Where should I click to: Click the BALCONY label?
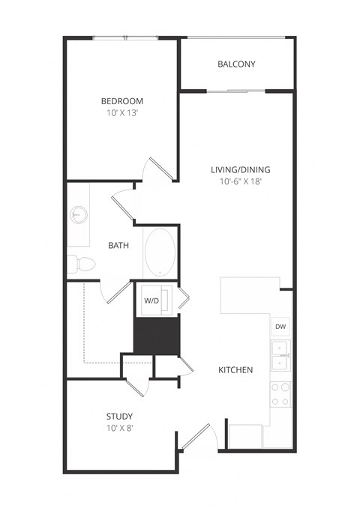pyautogui.click(x=236, y=64)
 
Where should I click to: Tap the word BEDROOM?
pyautogui.click(x=122, y=101)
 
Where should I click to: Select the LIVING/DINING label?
pyautogui.click(x=240, y=169)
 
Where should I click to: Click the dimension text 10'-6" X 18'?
pyautogui.click(x=240, y=181)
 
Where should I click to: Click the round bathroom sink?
pyautogui.click(x=78, y=216)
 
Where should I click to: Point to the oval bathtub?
pyautogui.click(x=158, y=252)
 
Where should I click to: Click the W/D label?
pyautogui.click(x=151, y=300)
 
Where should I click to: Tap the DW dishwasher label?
pyautogui.click(x=280, y=327)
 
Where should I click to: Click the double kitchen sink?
pyautogui.click(x=280, y=355)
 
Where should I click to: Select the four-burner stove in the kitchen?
pyautogui.click(x=280, y=394)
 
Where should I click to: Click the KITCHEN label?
pyautogui.click(x=235, y=370)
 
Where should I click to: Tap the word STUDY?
pyautogui.click(x=119, y=416)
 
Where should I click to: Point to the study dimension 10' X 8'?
pyautogui.click(x=119, y=429)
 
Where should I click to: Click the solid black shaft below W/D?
pyautogui.click(x=157, y=335)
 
